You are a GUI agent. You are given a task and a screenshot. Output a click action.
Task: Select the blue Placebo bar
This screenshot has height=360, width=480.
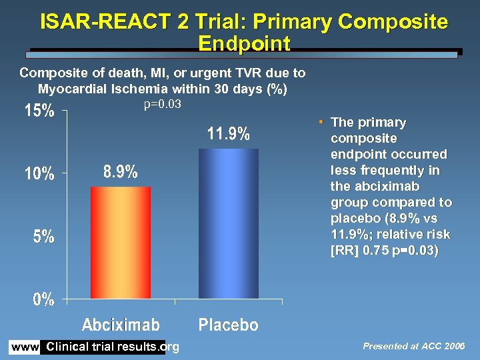[229, 223]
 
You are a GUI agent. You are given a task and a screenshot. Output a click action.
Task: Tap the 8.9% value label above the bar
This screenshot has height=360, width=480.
[121, 172]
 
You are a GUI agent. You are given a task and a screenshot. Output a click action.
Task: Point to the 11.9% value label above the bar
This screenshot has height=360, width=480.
[229, 134]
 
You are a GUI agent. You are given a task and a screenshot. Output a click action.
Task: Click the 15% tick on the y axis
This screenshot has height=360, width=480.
[39, 111]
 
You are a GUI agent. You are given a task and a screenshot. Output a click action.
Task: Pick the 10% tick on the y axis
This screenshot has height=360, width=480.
[39, 174]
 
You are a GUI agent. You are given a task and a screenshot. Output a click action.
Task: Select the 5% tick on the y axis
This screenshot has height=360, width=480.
[44, 237]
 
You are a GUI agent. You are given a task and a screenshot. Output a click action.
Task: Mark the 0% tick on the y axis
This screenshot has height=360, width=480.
[44, 299]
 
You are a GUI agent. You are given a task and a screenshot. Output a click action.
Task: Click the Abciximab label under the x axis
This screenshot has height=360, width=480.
[121, 325]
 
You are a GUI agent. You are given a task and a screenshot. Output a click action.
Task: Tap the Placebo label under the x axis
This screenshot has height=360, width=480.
[229, 325]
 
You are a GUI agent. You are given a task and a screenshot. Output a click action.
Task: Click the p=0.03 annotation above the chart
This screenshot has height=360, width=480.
[163, 104]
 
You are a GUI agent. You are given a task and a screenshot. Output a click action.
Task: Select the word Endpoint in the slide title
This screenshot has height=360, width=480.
[244, 44]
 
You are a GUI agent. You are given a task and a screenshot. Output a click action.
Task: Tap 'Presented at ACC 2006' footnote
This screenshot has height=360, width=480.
[414, 346]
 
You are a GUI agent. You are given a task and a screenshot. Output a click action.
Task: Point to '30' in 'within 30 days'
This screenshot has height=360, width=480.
[221, 89]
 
